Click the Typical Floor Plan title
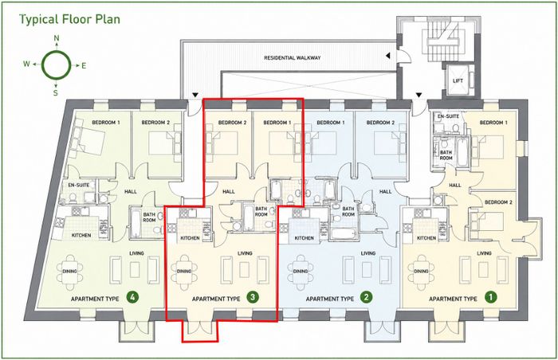click(x=69, y=19)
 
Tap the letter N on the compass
click(x=57, y=38)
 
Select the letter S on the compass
click(x=56, y=93)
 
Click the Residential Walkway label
click(x=293, y=57)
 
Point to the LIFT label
click(x=458, y=80)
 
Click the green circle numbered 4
click(x=132, y=297)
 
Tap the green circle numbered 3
click(x=253, y=297)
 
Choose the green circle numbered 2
click(x=367, y=297)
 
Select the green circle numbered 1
click(x=490, y=297)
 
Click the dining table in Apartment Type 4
click(x=70, y=271)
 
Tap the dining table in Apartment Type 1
click(x=421, y=271)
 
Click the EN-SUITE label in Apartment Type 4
click(x=79, y=185)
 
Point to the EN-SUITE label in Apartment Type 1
click(x=448, y=116)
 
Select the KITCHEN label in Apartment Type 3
click(x=190, y=238)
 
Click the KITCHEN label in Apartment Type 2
click(x=305, y=238)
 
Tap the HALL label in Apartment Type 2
click(x=385, y=191)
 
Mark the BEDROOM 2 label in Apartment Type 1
click(x=498, y=202)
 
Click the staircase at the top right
click(x=442, y=42)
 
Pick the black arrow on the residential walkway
click(x=388, y=56)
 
